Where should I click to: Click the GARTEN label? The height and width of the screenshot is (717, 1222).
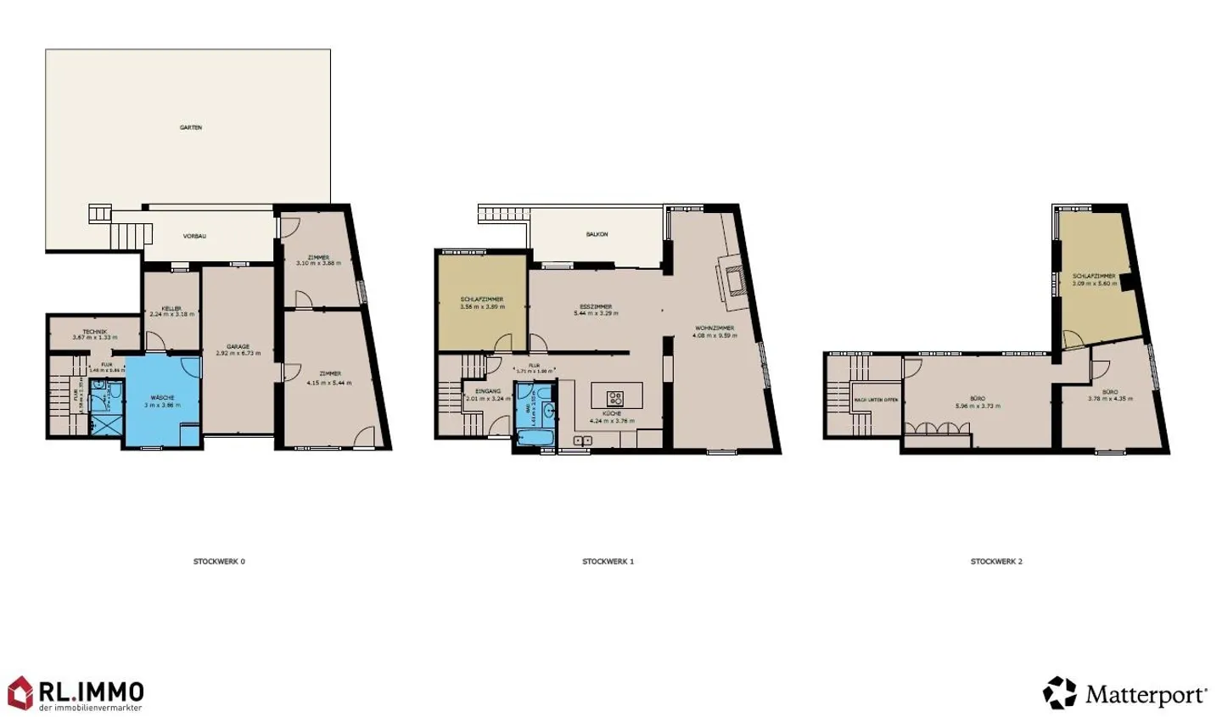tap(191, 127)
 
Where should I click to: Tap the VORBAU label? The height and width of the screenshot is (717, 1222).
tap(195, 236)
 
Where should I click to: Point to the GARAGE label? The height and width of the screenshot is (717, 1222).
tap(238, 346)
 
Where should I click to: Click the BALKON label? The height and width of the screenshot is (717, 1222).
tap(597, 234)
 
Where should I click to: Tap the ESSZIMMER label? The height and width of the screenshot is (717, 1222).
tap(596, 306)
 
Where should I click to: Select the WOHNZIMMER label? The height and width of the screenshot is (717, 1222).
tap(714, 328)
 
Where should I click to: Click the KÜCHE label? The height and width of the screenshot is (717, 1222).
tap(612, 413)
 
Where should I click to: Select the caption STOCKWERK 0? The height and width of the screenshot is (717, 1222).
tap(219, 562)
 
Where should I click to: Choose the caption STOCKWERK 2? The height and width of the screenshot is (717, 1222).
tap(996, 562)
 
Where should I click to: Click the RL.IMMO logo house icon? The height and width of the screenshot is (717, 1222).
tap(20, 692)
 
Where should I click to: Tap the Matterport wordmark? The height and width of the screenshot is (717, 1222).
tap(1146, 696)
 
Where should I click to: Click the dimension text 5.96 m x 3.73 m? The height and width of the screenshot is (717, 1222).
tap(978, 406)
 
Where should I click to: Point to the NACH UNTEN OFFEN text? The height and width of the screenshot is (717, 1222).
tap(876, 400)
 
